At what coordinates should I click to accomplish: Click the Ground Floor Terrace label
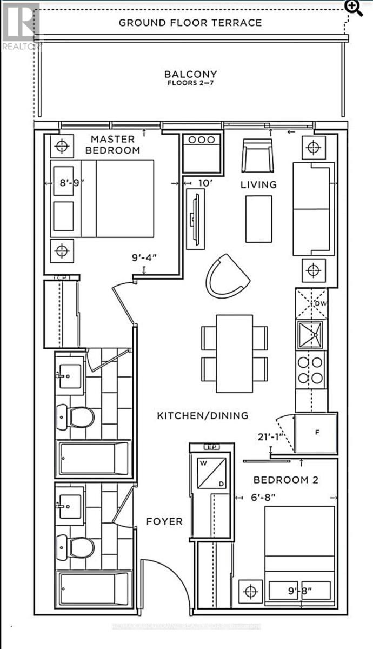190,23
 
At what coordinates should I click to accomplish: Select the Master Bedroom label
115,144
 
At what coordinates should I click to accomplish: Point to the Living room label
258,184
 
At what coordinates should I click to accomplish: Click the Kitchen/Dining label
202,415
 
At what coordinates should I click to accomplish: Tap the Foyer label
164,521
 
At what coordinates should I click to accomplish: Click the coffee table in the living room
259,219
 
